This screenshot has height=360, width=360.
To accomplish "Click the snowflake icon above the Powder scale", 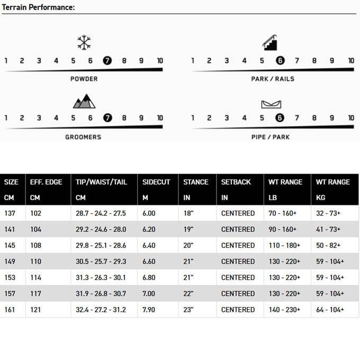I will pos(84,43).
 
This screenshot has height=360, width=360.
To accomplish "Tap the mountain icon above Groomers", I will pos(84,101).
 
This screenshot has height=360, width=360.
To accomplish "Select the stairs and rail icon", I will pos(271,42).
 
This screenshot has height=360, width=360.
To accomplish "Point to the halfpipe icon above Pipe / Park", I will pos(271,103).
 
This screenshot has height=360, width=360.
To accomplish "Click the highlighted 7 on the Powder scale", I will pos(107,60).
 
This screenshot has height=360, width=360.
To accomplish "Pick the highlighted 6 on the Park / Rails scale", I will pos(280,60).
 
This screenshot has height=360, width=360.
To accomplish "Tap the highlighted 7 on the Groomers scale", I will pos(107,118).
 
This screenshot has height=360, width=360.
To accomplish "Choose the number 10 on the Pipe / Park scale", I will pos(350,118).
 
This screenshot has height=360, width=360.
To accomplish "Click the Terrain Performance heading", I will pos(38,7).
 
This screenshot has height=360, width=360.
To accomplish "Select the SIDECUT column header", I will pos(156,182).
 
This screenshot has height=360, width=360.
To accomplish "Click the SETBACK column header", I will pos(236,182).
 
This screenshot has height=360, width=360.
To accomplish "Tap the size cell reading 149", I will pos(11,262).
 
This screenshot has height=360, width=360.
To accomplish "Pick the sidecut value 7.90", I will pos(149,310).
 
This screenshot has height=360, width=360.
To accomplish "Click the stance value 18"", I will pos(190,213).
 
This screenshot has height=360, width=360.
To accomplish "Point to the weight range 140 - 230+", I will pos(284,310).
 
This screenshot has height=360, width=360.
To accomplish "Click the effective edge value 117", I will pos(36,294).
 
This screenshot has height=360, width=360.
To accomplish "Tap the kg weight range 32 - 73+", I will pos(328,213).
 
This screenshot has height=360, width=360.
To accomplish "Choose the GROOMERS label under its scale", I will pos(84,137).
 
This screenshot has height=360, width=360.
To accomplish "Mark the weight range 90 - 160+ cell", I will pos(284,229).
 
